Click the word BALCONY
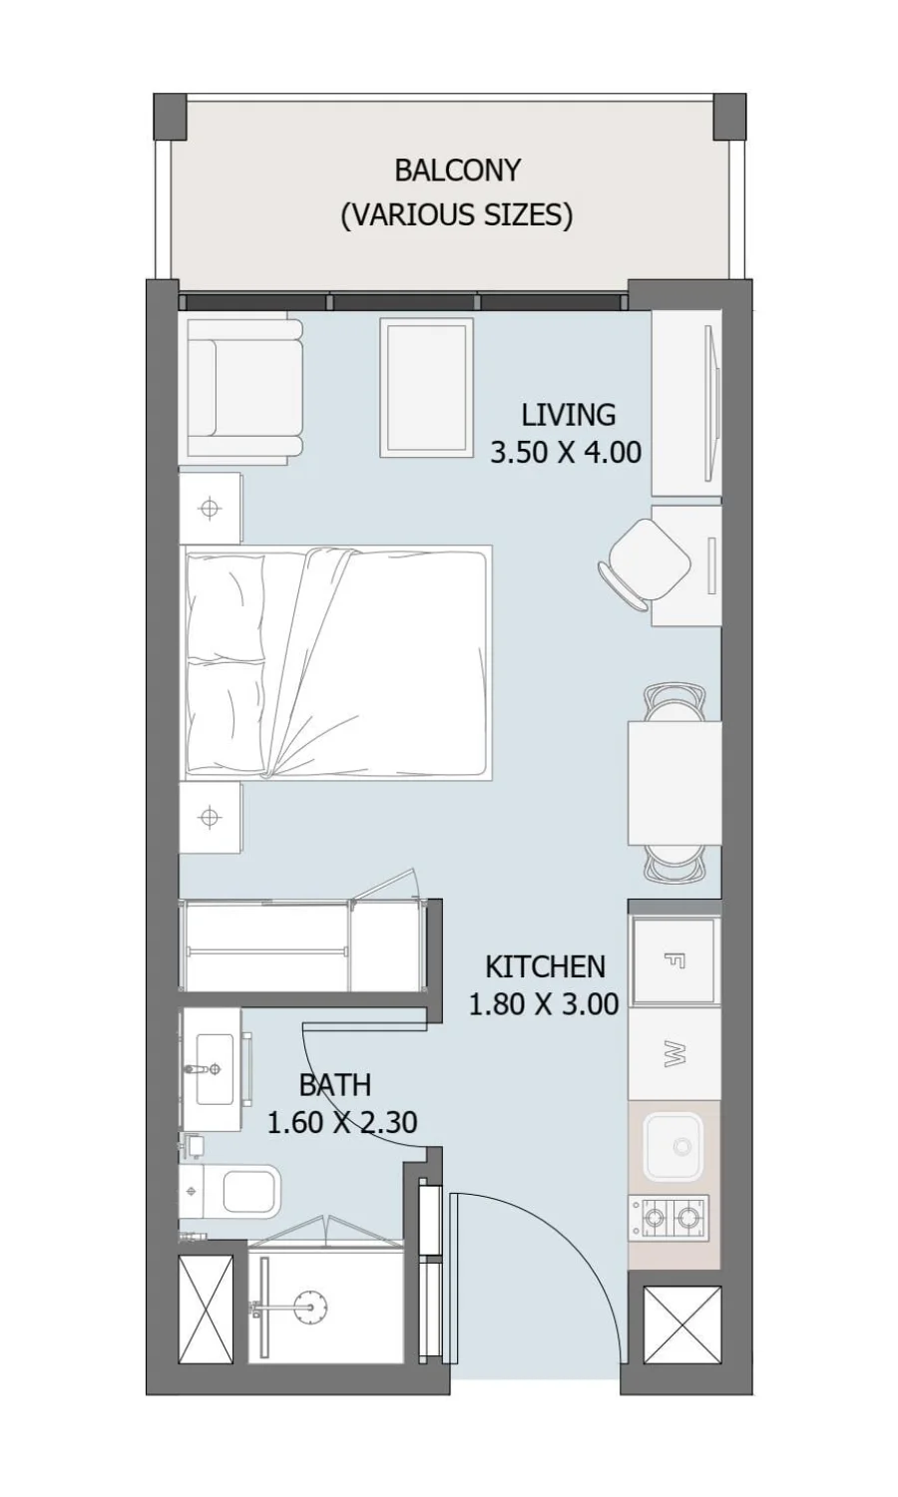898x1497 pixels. (x=457, y=171)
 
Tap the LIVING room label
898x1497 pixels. (x=569, y=415)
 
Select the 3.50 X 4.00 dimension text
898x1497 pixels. (x=566, y=452)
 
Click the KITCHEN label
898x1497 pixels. (x=545, y=967)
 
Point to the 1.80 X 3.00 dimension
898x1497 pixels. (x=544, y=1003)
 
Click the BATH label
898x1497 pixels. (x=335, y=1085)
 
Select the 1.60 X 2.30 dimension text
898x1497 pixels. (x=342, y=1122)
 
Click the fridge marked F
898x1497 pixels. (x=674, y=961)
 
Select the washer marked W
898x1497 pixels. (x=674, y=1054)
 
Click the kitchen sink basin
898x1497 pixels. (x=673, y=1148)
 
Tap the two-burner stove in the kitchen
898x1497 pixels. (x=669, y=1219)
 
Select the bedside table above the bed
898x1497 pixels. (x=210, y=508)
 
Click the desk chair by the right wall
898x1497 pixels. (x=646, y=564)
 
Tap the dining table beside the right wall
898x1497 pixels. (x=674, y=783)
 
